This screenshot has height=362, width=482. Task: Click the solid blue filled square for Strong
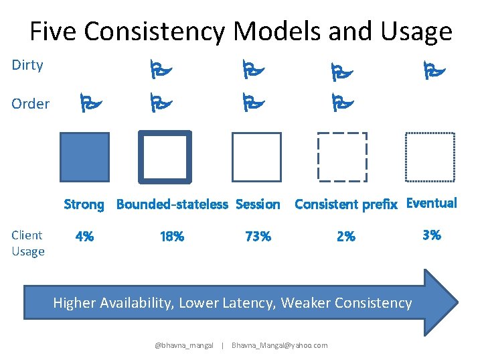click(x=84, y=157)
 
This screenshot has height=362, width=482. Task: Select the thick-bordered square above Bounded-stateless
click(x=165, y=157)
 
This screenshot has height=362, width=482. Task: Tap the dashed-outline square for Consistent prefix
click(x=342, y=157)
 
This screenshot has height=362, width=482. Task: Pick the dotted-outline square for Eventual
click(x=430, y=157)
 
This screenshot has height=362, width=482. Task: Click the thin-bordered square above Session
click(x=256, y=157)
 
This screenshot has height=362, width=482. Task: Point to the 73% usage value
click(x=258, y=237)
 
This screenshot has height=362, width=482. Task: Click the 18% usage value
click(x=172, y=237)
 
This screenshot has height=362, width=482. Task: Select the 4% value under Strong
click(x=84, y=237)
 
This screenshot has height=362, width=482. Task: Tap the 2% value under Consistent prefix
click(x=346, y=237)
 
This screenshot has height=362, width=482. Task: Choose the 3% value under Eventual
click(x=432, y=235)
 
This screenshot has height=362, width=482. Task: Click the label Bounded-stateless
click(x=172, y=204)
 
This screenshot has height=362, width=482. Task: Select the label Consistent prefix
click(x=346, y=204)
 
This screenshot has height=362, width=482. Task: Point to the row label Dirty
click(x=27, y=65)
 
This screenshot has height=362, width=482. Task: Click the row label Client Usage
click(x=28, y=243)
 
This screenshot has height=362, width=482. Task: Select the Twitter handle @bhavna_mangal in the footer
click(x=184, y=345)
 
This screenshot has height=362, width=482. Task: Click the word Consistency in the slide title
click(x=169, y=32)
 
